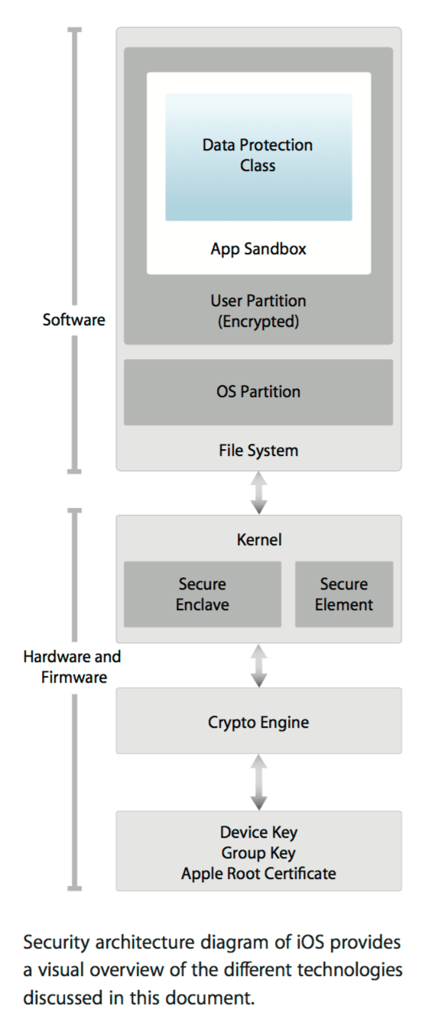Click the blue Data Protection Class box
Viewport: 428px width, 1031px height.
coord(258,157)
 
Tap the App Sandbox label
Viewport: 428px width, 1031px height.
coord(258,249)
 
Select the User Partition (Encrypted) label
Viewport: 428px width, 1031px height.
coord(258,311)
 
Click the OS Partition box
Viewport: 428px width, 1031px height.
coord(258,392)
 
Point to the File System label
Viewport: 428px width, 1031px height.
coord(258,451)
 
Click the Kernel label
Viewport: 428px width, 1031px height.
coord(258,540)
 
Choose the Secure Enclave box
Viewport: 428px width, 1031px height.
coord(203,594)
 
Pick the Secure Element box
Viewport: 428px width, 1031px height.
coord(344,594)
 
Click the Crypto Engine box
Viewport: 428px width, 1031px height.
coord(258,721)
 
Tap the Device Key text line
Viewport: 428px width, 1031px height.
coord(258,832)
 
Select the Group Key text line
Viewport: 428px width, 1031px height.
coord(258,853)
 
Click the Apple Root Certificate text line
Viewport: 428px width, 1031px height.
coord(258,873)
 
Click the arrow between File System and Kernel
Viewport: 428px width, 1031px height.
coord(259,493)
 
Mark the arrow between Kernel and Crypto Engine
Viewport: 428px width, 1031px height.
coord(259,665)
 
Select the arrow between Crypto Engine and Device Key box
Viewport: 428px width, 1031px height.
coord(259,782)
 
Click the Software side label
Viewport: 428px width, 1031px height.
coord(74,320)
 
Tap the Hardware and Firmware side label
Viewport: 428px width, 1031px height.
coord(73,667)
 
